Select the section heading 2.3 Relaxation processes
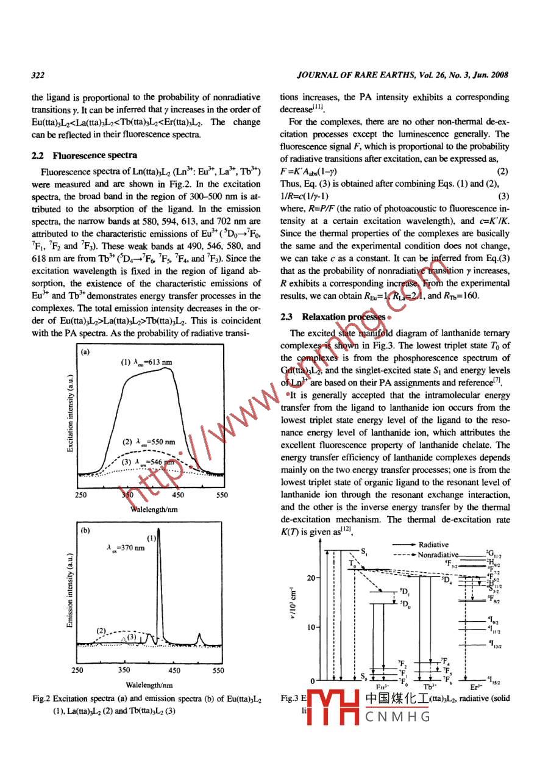pos(332,317)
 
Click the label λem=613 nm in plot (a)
pos(146,362)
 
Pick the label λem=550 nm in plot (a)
pos(149,442)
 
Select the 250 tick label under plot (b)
pos(78,670)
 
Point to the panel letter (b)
pos(86,530)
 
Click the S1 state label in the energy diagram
pos(364,552)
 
